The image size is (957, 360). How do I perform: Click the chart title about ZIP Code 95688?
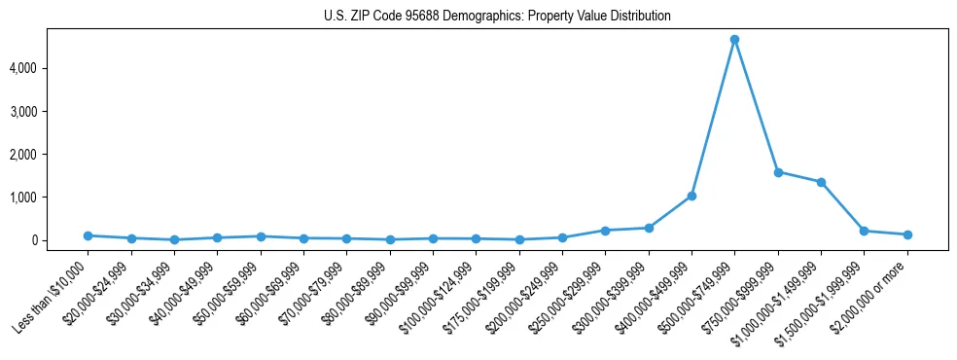click(497, 17)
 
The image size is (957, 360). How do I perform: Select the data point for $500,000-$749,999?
click(734, 40)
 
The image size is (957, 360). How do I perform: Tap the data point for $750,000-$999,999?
click(778, 172)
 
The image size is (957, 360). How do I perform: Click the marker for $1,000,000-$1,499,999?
click(821, 182)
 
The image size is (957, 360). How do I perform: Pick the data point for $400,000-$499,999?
click(691, 196)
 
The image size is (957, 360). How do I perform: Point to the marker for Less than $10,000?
click(88, 235)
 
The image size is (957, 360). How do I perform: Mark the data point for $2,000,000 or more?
click(907, 234)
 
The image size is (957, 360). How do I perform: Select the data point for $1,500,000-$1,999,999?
click(864, 231)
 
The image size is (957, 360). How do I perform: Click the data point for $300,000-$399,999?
click(649, 228)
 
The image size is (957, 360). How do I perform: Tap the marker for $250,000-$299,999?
click(605, 231)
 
